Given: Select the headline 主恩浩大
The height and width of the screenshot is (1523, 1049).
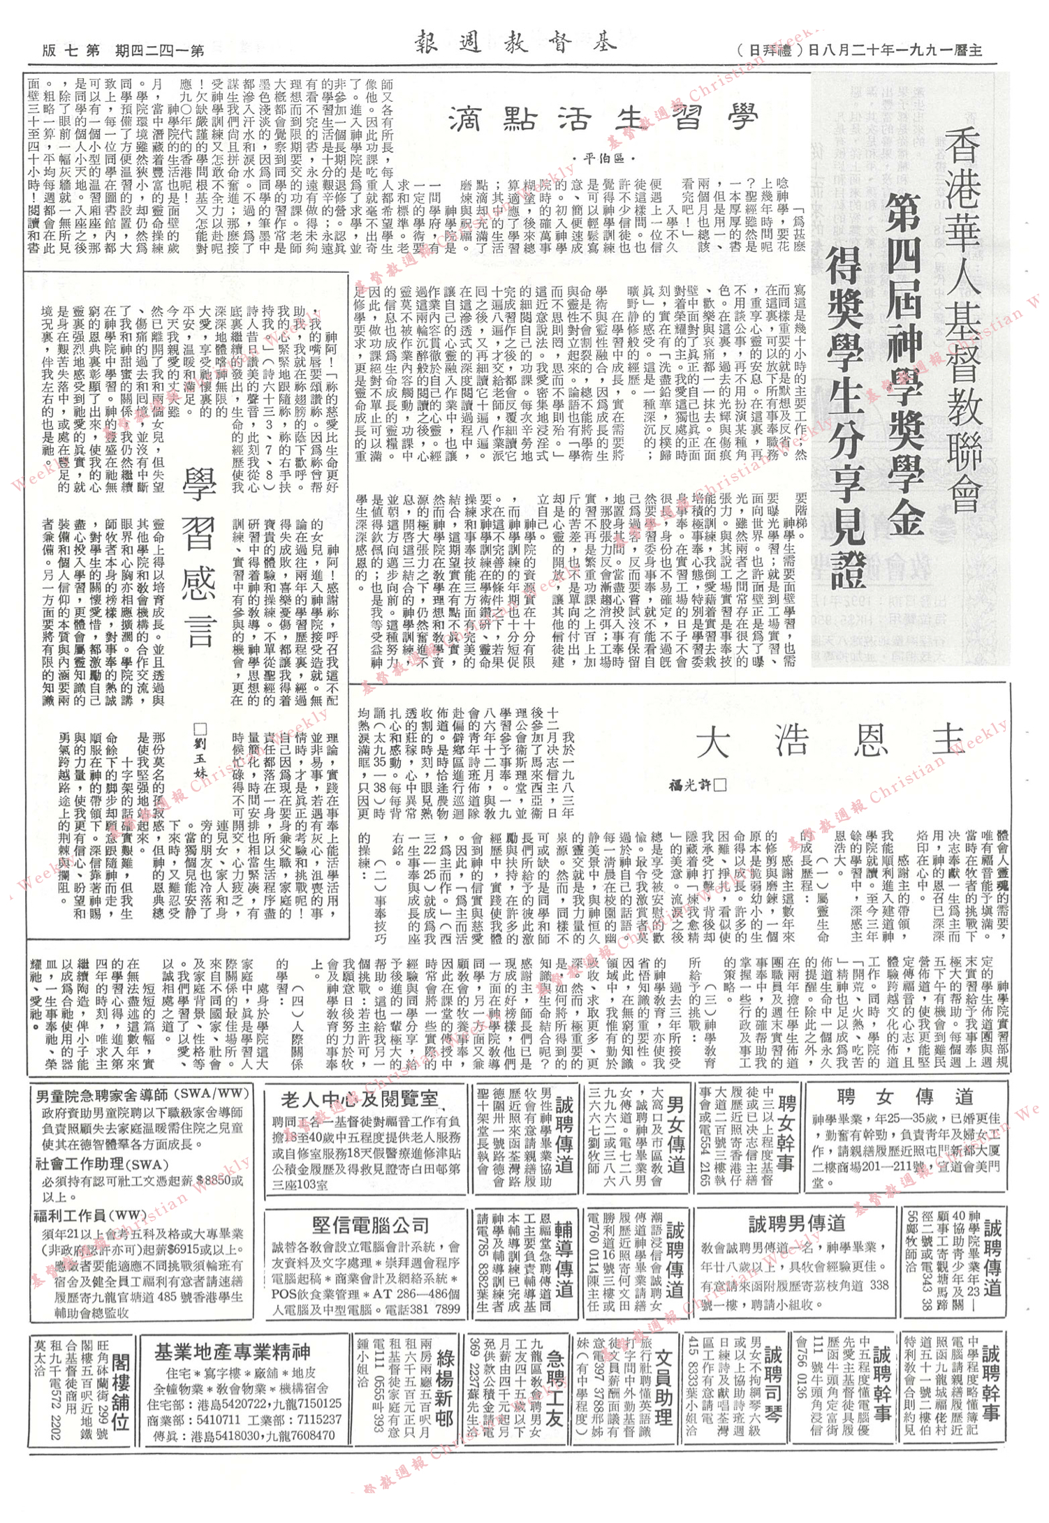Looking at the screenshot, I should (x=832, y=741).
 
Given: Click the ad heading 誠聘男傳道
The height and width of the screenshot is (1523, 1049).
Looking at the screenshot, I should (x=796, y=1224).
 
